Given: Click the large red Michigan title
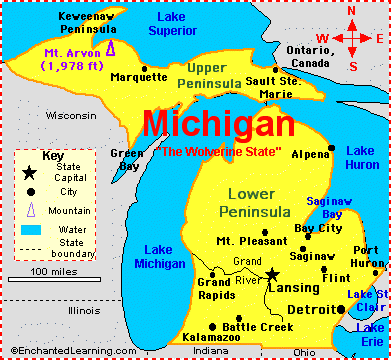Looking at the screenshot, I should coord(219,124).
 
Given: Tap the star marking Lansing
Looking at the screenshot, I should coord(272,273).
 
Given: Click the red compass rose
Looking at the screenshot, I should coord(351,38).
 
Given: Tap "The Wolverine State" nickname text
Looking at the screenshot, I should coord(219,152).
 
